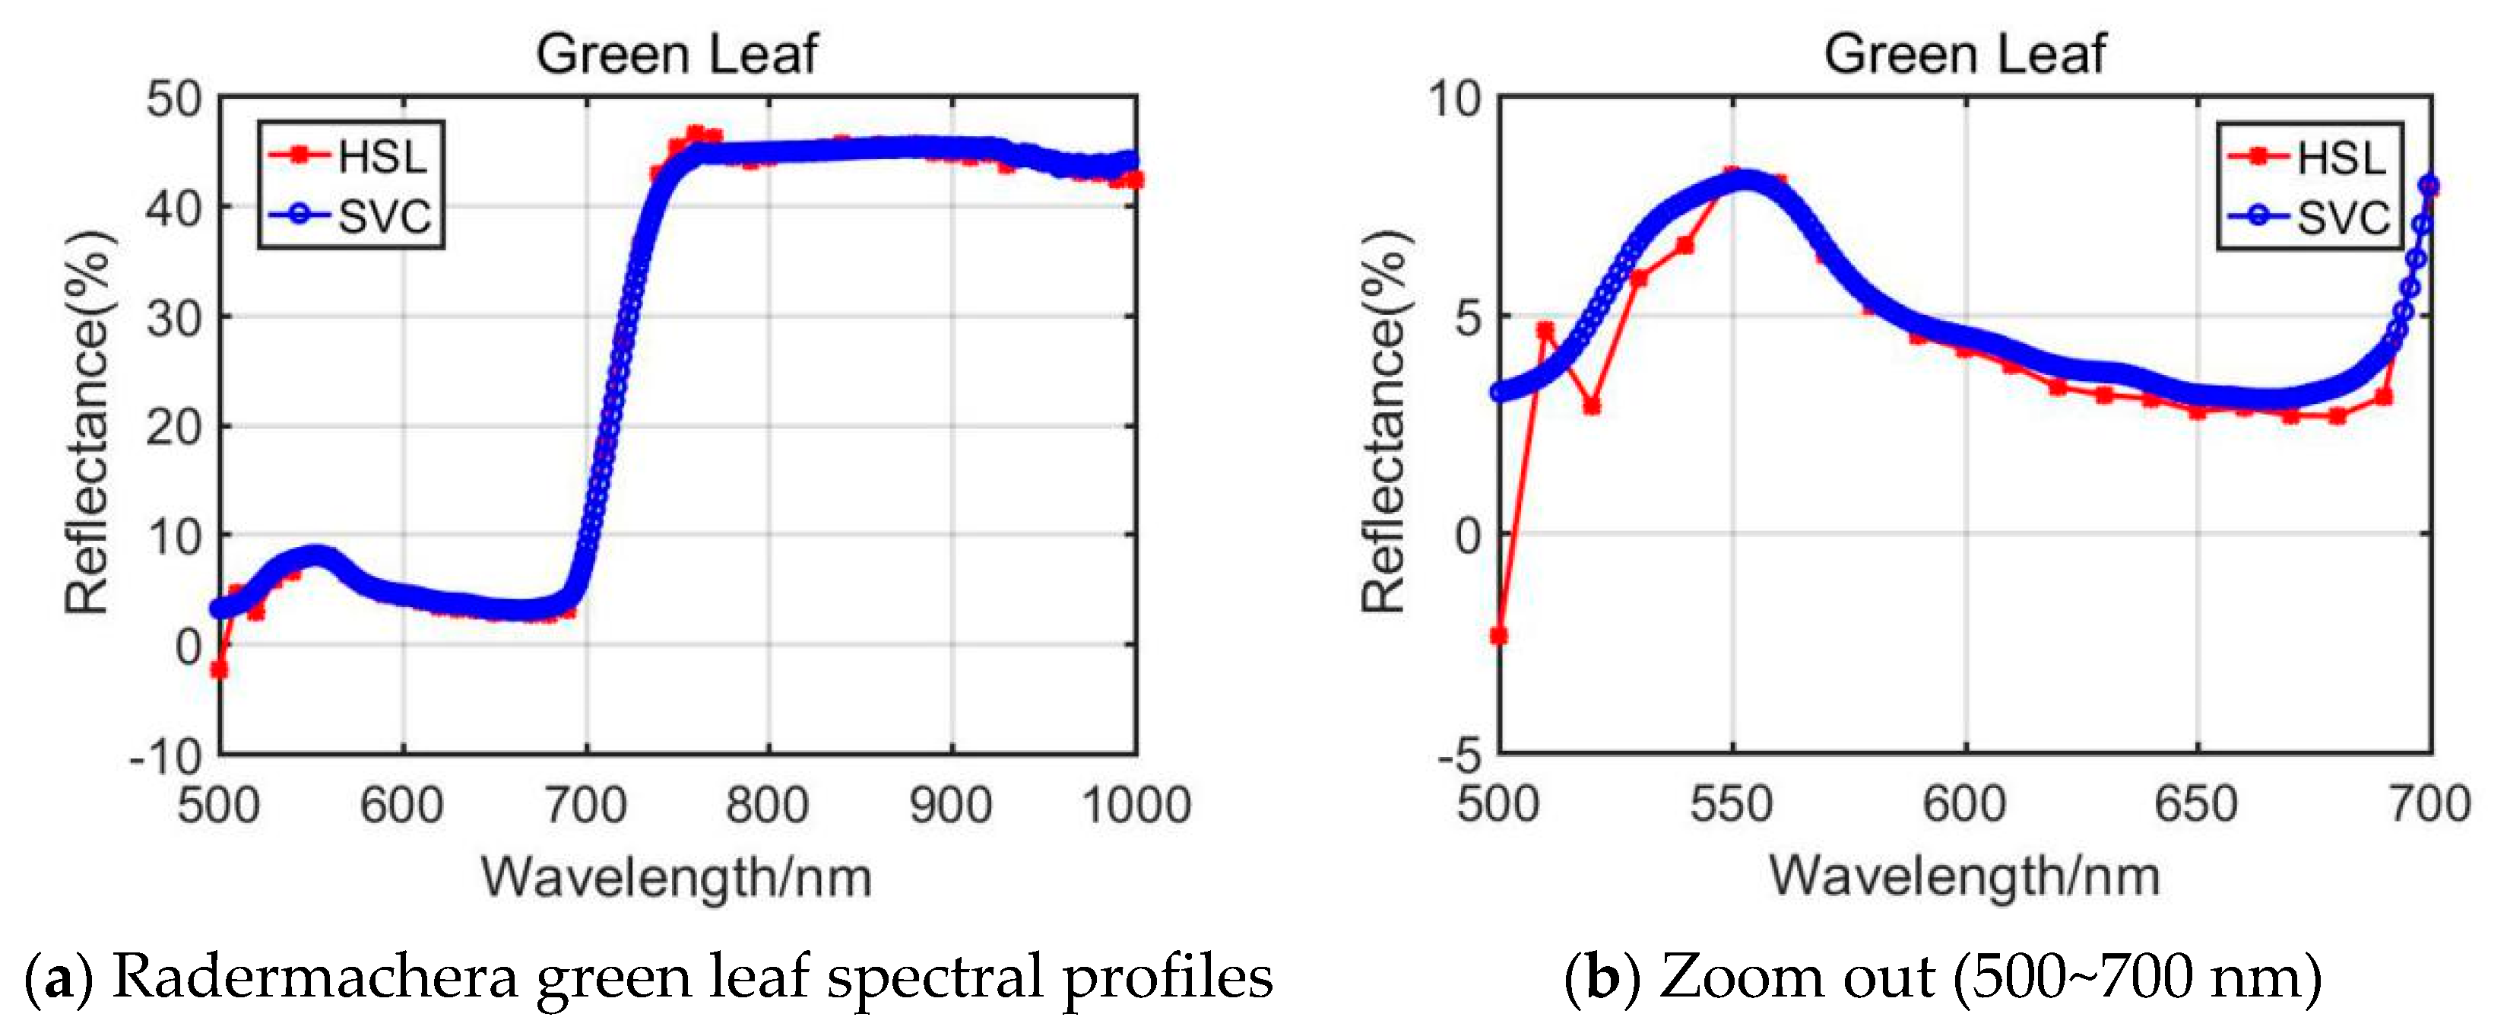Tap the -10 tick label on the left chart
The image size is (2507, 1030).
pyautogui.click(x=166, y=756)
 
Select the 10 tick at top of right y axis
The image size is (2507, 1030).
pyautogui.click(x=1454, y=100)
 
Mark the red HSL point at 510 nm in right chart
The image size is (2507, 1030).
pyautogui.click(x=1545, y=331)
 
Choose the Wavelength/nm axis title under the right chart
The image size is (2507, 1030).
pyautogui.click(x=1964, y=876)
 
